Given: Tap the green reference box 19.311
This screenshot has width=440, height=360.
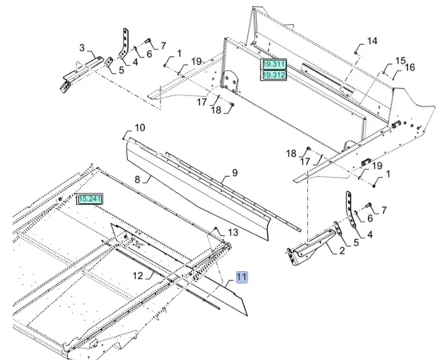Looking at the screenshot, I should (x=274, y=64).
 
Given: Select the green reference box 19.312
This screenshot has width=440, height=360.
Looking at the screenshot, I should (x=274, y=75).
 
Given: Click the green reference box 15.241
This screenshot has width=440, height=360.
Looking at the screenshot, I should (x=90, y=199).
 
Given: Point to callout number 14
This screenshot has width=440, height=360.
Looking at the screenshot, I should (x=372, y=41).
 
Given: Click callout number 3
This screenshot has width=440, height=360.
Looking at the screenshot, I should (x=81, y=47).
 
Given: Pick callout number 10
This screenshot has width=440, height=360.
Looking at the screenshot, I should (x=140, y=128).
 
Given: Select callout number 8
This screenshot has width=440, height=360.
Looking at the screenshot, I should (x=138, y=179).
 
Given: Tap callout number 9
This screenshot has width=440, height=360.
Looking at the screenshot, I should (x=235, y=173).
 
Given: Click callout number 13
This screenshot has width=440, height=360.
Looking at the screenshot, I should (x=232, y=232).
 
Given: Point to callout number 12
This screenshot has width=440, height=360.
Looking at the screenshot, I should (x=138, y=274).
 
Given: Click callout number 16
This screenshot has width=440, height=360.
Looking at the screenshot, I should (x=410, y=67).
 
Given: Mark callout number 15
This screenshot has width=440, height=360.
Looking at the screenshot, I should (x=400, y=60).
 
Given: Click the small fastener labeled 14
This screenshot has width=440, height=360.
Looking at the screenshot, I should (x=357, y=52).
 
